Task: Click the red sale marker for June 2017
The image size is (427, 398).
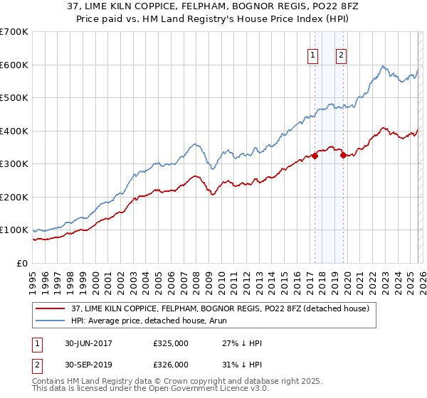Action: (x=315, y=156)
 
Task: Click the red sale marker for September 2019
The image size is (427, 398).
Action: (x=343, y=156)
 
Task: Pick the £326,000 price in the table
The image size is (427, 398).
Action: (x=171, y=364)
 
